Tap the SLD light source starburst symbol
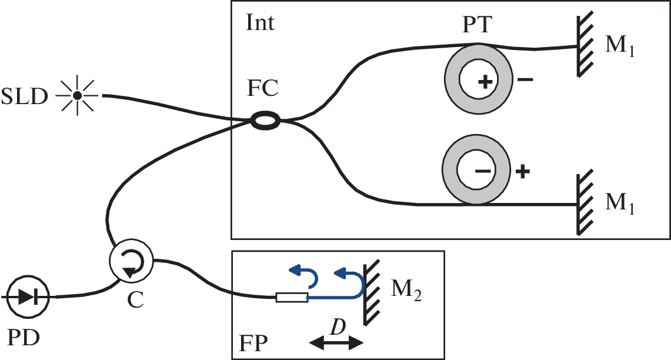pos(76,94)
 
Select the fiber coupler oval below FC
pos(266,121)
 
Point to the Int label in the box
pos(261,24)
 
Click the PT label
pos(478,26)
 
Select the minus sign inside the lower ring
pos(483,171)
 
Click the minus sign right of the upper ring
pos(525,81)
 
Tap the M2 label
pos(405,290)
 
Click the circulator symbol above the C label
pos(131,259)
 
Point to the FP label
pos(255,342)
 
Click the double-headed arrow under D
pos(336,344)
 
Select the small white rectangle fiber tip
pos(292,298)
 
